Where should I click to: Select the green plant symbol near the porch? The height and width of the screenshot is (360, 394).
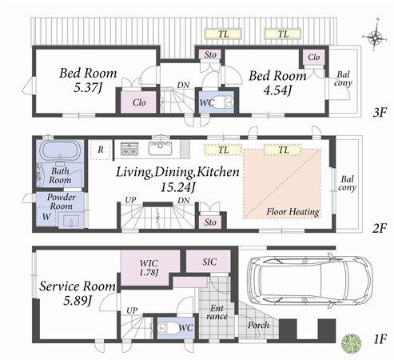tap(351, 342)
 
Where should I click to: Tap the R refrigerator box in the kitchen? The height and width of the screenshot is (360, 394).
tap(101, 149)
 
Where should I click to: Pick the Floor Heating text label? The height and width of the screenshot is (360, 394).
tap(293, 212)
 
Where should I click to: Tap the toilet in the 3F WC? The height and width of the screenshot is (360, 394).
tap(222, 102)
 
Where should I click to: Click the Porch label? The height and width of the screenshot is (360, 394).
tap(258, 326)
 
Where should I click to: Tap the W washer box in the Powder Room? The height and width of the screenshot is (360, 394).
tap(46, 217)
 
